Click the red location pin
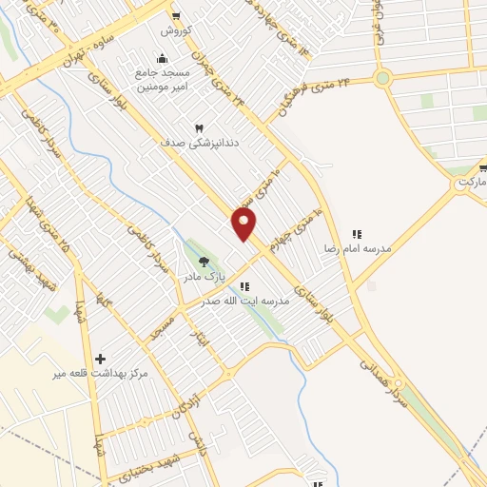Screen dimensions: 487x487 pos(244,224)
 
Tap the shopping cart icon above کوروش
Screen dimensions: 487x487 pos(176,15)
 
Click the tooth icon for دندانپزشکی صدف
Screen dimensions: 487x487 pos(200,127)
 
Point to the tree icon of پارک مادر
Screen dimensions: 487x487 pos(203,261)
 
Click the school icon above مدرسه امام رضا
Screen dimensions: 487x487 pos(358,233)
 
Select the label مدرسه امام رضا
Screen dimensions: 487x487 pos(358,247)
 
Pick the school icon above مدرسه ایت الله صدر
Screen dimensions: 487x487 pos(244,286)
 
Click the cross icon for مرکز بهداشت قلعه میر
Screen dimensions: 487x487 pos(101,359)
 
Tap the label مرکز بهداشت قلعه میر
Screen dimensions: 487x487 pos(102,374)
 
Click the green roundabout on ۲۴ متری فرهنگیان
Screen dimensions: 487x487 pos(383,78)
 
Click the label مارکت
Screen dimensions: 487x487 pos(470,181)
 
